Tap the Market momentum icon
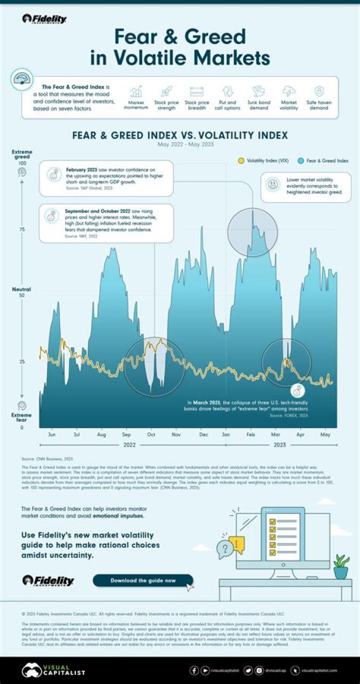click(x=135, y=91)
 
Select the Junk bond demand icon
click(x=258, y=91)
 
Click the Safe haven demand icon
click(x=318, y=91)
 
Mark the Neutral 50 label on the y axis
click(x=22, y=292)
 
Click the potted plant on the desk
click(x=341, y=566)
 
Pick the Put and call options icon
click(x=227, y=91)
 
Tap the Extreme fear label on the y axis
click(x=22, y=418)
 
